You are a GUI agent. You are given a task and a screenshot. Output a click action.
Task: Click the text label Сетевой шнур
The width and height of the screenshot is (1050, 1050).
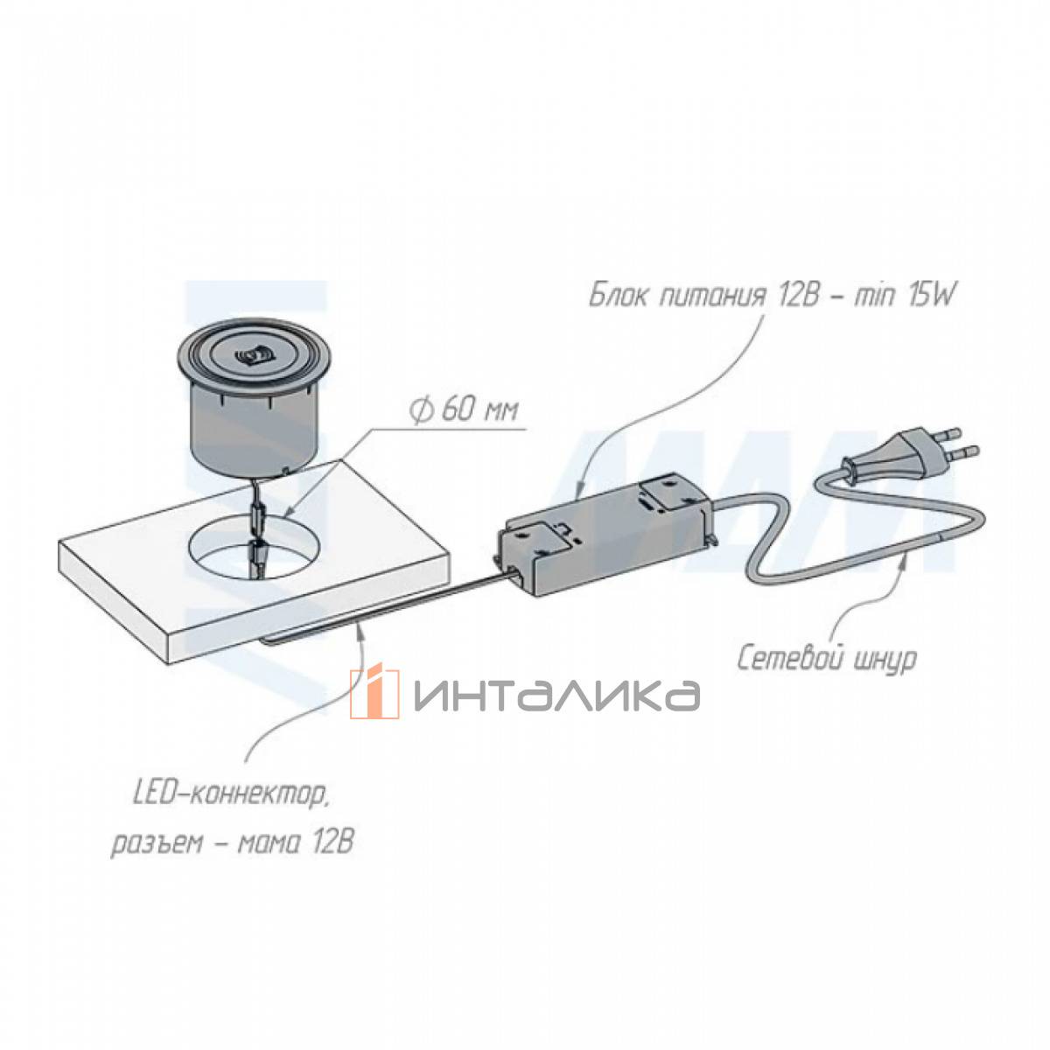coord(827,660)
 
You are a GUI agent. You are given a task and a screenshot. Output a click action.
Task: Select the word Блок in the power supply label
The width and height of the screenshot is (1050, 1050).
coord(619,298)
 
